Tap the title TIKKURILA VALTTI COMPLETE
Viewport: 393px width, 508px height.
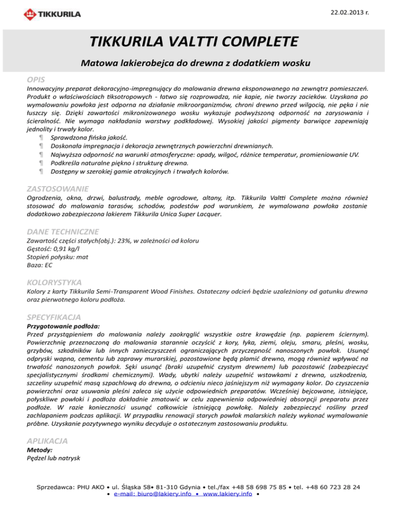click(196, 41)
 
